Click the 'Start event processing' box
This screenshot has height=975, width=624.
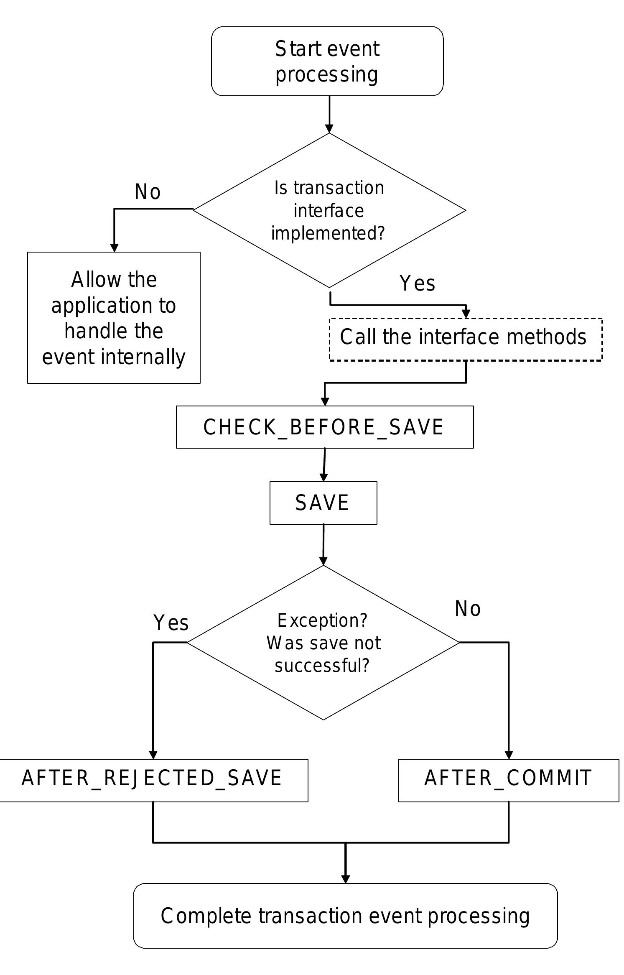tap(327, 61)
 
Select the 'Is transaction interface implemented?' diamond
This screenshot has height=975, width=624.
tap(329, 210)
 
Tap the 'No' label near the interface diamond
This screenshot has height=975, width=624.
tap(148, 192)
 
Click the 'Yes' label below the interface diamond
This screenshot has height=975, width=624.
tap(417, 283)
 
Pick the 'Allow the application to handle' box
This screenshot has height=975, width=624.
tap(114, 318)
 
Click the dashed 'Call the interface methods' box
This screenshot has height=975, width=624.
tap(465, 339)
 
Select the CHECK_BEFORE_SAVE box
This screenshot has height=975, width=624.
tap(324, 427)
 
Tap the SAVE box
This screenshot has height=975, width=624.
tap(323, 503)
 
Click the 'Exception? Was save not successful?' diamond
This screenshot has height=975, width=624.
tap(323, 643)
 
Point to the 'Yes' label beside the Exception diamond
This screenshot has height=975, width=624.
tap(171, 623)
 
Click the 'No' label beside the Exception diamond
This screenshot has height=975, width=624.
tap(467, 609)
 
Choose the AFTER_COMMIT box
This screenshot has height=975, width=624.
tap(508, 778)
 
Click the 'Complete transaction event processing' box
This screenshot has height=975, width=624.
tap(345, 916)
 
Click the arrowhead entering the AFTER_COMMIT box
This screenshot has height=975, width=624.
tap(509, 754)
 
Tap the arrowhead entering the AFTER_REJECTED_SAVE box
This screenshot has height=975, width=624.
tap(153, 754)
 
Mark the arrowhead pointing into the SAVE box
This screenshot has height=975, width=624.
tap(323, 477)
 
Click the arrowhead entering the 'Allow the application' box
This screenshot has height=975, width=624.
tap(114, 248)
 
